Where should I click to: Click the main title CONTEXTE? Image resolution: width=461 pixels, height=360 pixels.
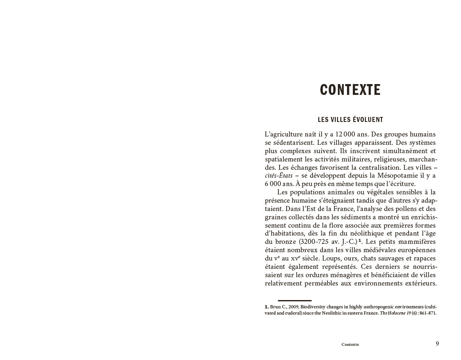tap(350, 89)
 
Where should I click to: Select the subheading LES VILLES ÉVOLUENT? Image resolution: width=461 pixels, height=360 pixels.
tap(350, 119)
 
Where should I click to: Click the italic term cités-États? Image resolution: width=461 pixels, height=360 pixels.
tap(279, 175)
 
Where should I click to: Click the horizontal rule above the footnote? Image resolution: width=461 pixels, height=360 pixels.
tap(295, 300)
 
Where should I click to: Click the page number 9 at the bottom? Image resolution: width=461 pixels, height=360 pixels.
tap(437, 343)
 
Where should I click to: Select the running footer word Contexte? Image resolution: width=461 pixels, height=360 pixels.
tap(350, 345)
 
